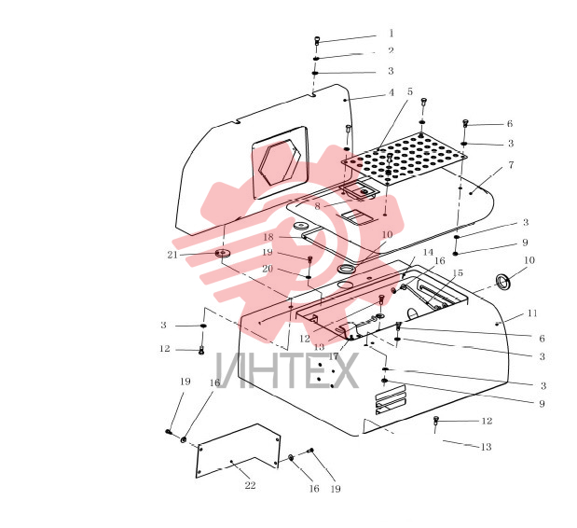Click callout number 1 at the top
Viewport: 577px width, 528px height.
tap(392, 34)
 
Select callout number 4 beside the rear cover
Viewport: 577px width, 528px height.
tap(392, 92)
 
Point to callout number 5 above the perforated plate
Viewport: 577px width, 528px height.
tap(410, 91)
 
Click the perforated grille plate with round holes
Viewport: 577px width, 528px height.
tap(404, 159)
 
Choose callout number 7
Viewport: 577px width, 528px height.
tap(511, 164)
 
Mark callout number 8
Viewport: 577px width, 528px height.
tap(317, 206)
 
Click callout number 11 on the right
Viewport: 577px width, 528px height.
tap(532, 313)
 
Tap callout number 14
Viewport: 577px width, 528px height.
tap(428, 252)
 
